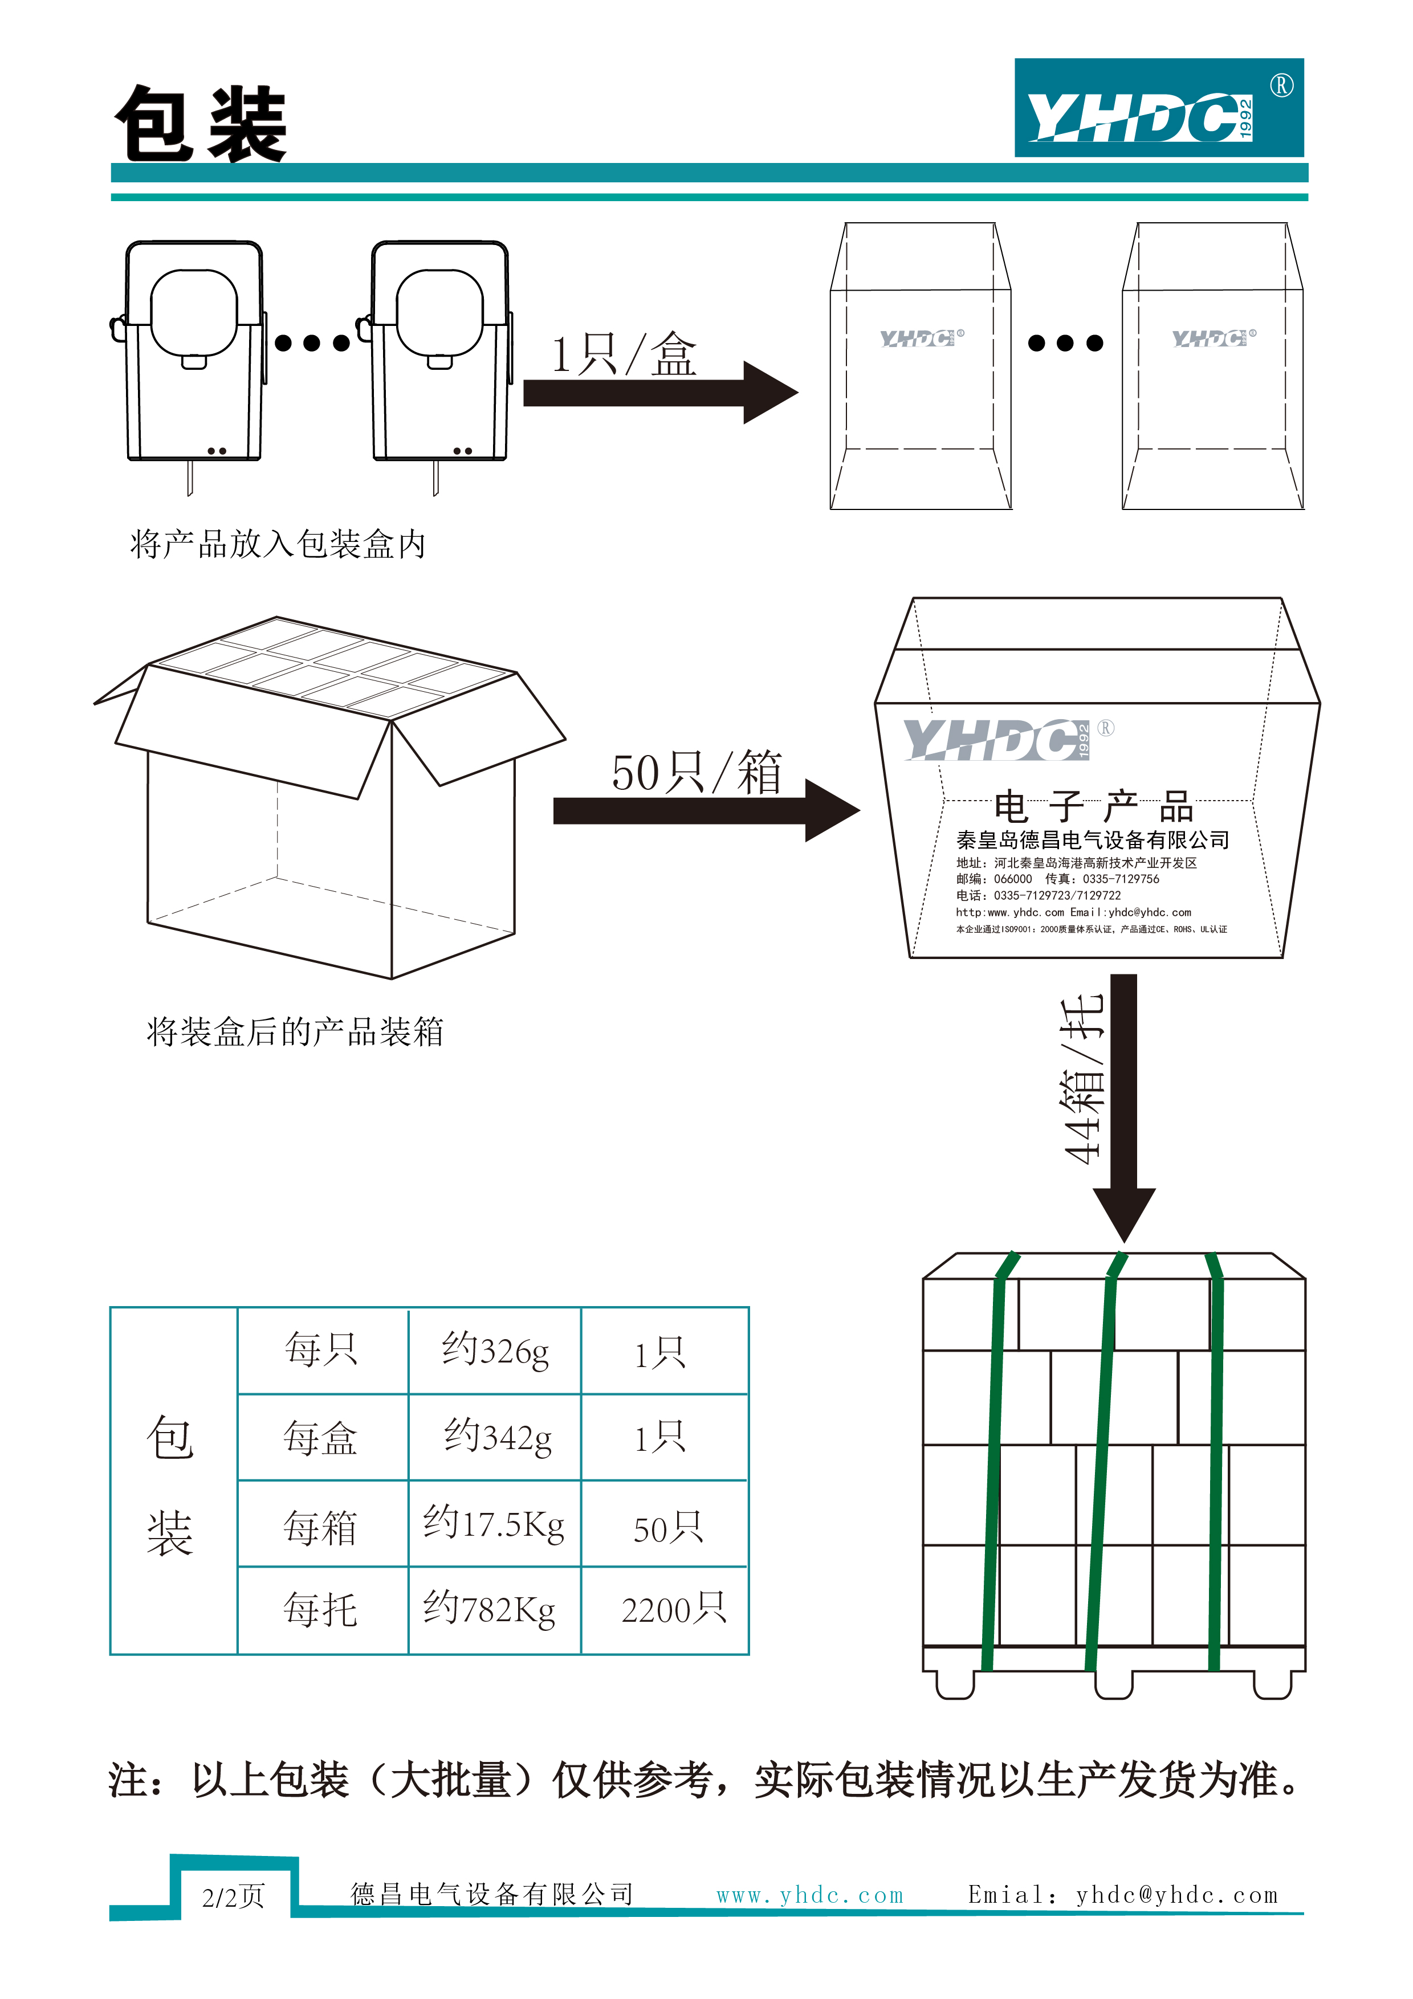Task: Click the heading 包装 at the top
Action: coord(201,124)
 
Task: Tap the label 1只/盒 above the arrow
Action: coord(624,355)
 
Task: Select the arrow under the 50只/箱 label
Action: coord(705,810)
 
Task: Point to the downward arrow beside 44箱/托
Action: coord(1124,1105)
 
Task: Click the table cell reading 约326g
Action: coord(495,1351)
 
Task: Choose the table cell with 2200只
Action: coord(673,1609)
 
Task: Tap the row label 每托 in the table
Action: coord(320,1609)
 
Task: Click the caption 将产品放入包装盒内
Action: coord(278,544)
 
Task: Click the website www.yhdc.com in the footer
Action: coord(809,1895)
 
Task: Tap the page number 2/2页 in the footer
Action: coord(233,1896)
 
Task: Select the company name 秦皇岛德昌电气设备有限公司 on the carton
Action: coord(1093,840)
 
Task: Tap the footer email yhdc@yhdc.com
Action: coord(1176,1895)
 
